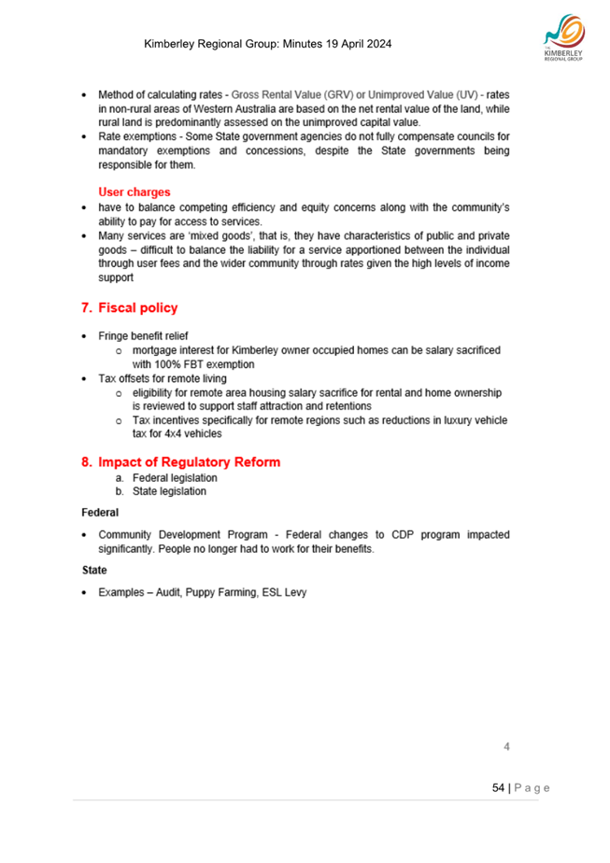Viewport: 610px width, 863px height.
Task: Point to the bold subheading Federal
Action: pyautogui.click(x=100, y=513)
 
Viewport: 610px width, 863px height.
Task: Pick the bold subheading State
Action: pyautogui.click(x=94, y=569)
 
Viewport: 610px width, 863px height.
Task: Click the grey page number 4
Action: pyautogui.click(x=506, y=747)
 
